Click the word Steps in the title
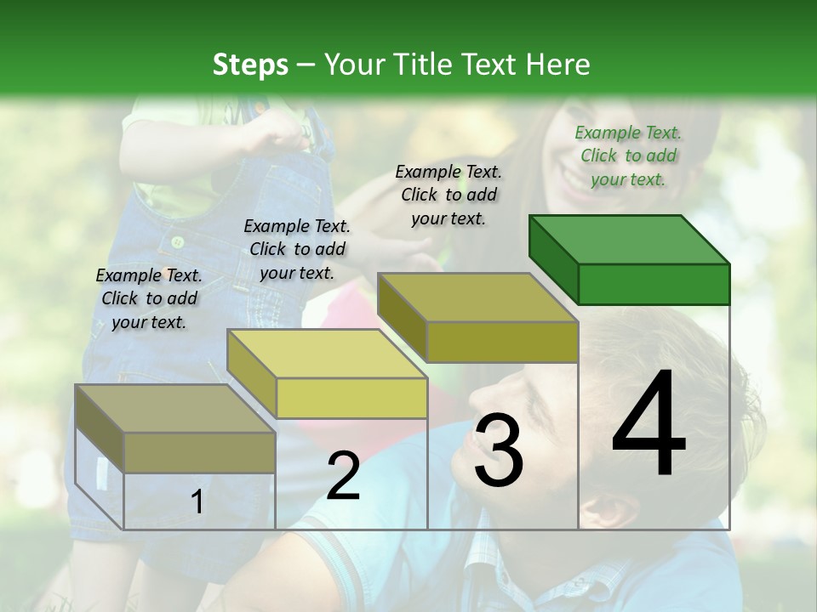click(x=250, y=65)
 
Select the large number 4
click(x=648, y=425)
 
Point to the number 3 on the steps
click(x=498, y=450)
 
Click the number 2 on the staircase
click(x=343, y=476)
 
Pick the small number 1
click(x=197, y=502)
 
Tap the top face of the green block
click(x=630, y=240)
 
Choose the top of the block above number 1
click(x=175, y=409)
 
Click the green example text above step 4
click(x=628, y=156)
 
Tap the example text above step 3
click(x=448, y=195)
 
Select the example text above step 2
click(x=297, y=250)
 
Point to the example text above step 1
click(x=149, y=299)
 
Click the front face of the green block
click(x=654, y=284)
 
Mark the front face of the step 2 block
click(x=351, y=398)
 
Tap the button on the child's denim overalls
click(x=178, y=242)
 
